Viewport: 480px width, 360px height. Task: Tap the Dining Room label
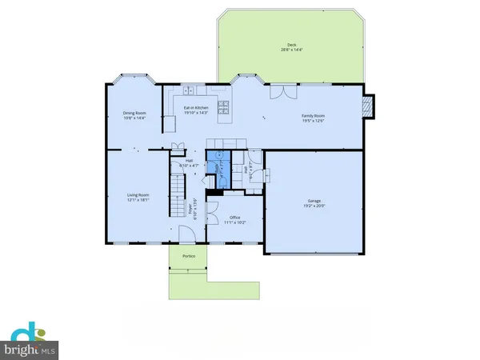[x=133, y=113]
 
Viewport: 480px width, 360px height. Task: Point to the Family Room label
[x=312, y=116]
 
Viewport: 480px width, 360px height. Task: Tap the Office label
[x=235, y=217]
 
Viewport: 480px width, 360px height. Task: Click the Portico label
[x=188, y=257]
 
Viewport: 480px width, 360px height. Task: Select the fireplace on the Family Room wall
[x=367, y=106]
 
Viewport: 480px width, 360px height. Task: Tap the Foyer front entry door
[x=186, y=234]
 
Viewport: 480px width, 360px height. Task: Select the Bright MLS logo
[x=32, y=340]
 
